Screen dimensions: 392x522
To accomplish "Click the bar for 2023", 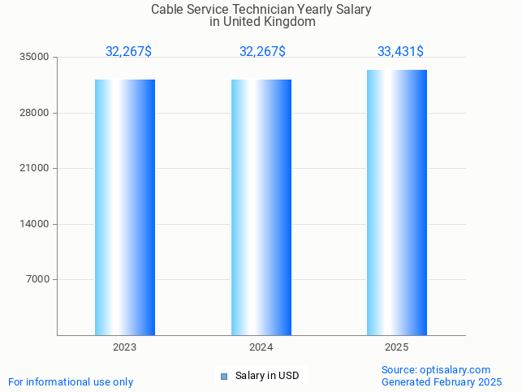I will click(x=125, y=207).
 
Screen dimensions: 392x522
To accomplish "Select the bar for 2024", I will click(x=261, y=207).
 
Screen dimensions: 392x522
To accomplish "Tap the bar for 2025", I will click(x=397, y=202).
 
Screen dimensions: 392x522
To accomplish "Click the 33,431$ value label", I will click(x=400, y=52).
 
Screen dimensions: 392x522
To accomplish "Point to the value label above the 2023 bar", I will click(x=128, y=52).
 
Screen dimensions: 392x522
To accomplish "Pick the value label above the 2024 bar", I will click(x=262, y=52).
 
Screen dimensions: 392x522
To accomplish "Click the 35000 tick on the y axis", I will click(x=36, y=58).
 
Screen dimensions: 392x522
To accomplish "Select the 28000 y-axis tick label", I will click(x=36, y=113).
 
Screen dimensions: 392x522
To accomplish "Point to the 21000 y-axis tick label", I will click(x=36, y=169).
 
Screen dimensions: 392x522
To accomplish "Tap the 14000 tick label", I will click(x=36, y=224).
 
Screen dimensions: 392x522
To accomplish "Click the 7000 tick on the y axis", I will click(x=38, y=280).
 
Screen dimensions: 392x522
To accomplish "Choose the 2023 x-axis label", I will click(x=125, y=347).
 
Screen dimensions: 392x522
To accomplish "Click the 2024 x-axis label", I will click(x=261, y=347).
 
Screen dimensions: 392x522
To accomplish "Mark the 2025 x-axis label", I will click(x=397, y=347).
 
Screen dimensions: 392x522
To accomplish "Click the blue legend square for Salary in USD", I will click(x=225, y=376).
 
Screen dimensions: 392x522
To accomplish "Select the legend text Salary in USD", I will click(x=267, y=376).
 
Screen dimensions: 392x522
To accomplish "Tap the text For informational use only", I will click(x=71, y=382).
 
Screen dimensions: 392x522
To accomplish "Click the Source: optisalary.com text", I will click(x=436, y=370).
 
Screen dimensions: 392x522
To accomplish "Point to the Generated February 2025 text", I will click(x=442, y=382).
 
